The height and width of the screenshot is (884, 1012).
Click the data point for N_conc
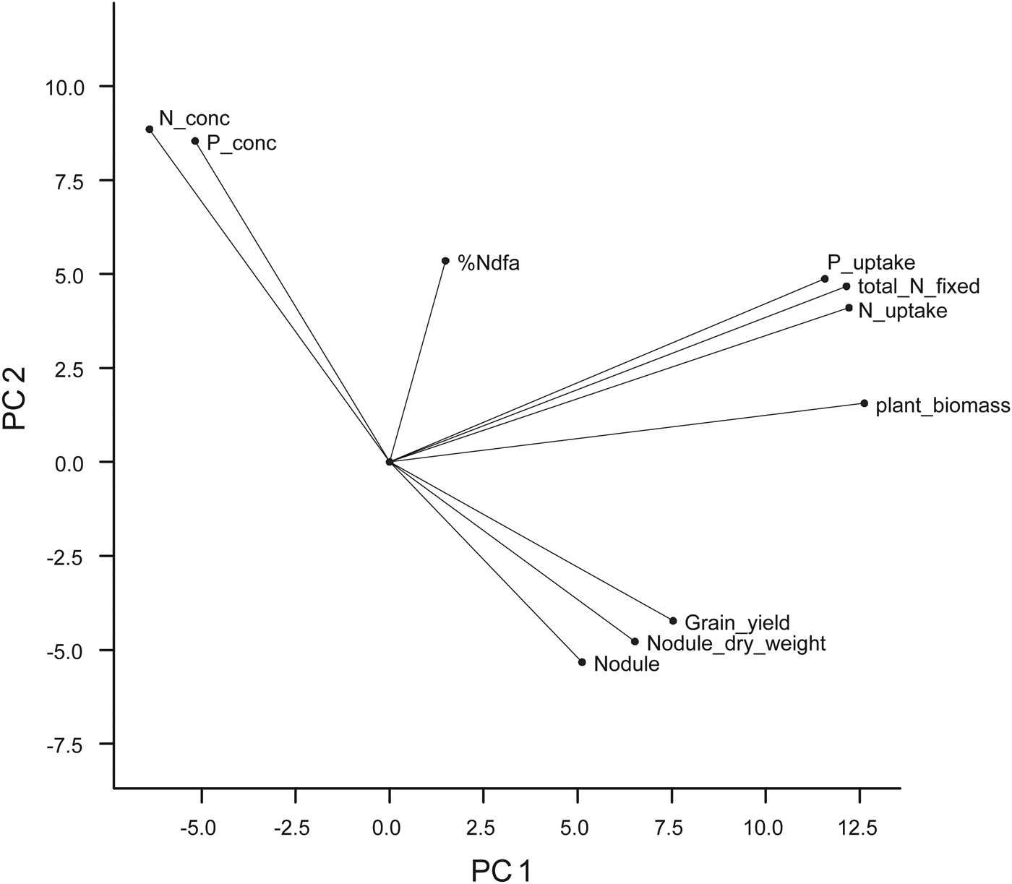(150, 129)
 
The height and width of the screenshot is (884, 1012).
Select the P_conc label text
(241, 144)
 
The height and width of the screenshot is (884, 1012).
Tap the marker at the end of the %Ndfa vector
(445, 261)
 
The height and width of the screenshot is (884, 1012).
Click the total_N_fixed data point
(846, 286)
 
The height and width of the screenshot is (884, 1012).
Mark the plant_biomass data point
(864, 403)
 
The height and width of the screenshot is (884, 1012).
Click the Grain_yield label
(737, 622)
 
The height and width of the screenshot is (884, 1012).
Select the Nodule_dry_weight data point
(635, 641)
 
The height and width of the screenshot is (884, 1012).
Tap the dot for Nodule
(582, 662)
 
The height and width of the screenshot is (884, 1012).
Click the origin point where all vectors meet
(390, 462)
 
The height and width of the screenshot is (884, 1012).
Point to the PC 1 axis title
(501, 870)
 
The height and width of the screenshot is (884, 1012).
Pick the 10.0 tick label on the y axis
(66, 87)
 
